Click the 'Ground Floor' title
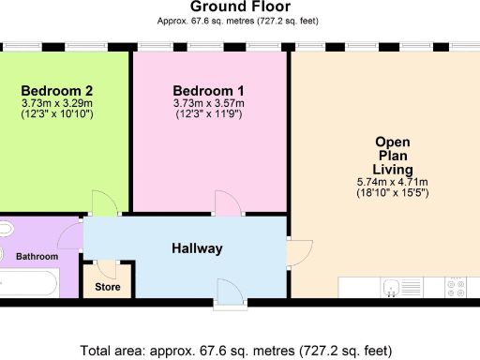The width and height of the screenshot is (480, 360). tap(239, 7)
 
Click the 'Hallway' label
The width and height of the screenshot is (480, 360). tap(197, 248)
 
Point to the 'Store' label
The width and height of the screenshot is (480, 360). tap(108, 287)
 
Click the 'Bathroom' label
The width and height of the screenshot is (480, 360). tap(40, 257)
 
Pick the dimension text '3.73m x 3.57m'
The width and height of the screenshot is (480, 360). tap(209, 103)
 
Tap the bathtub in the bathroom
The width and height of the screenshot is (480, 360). tap(30, 281)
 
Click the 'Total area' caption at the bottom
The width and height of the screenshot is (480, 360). tap(235, 352)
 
